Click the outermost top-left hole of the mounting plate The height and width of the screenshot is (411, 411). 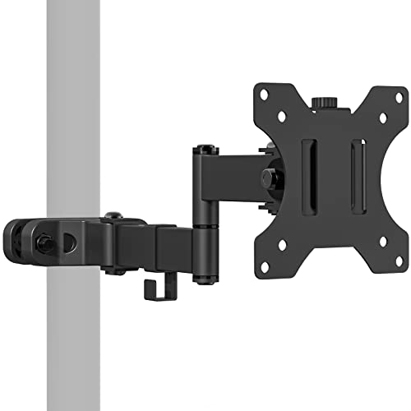[x=262, y=92]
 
